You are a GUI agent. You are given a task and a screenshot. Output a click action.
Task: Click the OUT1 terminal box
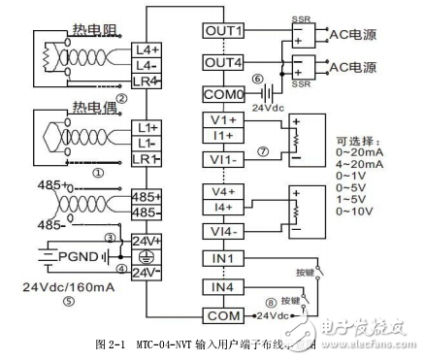coord(223,30)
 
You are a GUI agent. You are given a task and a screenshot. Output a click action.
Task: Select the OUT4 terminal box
coord(223,62)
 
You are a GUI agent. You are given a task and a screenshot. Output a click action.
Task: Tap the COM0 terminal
coord(223,94)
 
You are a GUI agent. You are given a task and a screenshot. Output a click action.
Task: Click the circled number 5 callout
coord(68,300)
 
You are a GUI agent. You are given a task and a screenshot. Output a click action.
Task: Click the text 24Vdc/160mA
coord(65,285)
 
